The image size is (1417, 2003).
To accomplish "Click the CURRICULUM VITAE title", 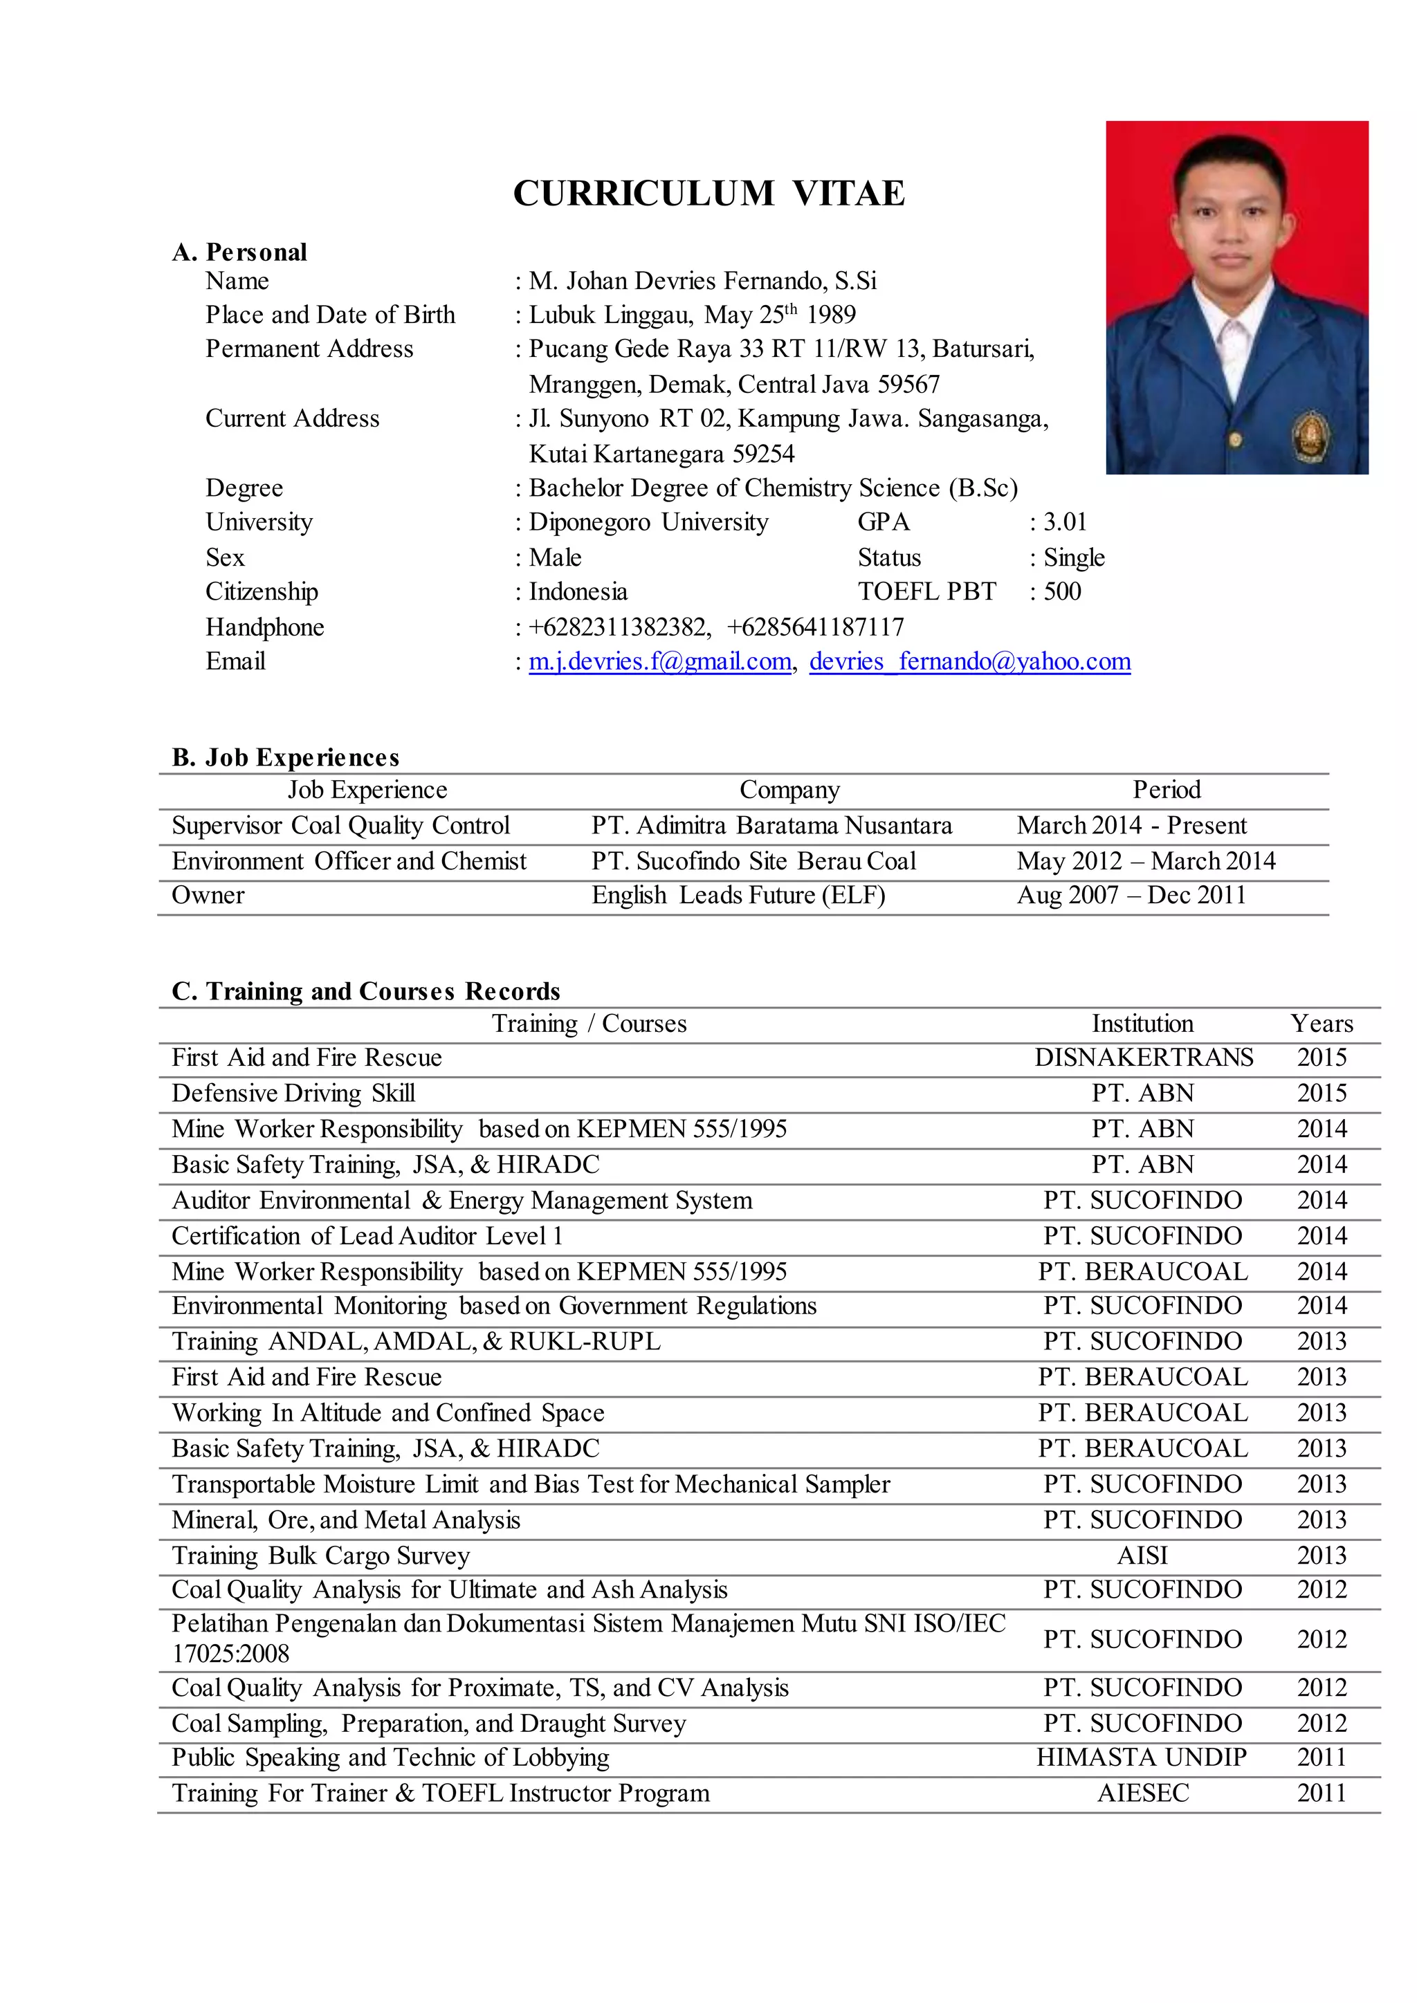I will (708, 193).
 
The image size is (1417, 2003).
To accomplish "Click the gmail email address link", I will (659, 661).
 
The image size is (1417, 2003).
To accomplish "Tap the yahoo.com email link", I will (969, 661).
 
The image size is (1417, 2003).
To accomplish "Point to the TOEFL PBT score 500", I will (1062, 591).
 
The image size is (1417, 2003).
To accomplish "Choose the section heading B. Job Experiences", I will (285, 757).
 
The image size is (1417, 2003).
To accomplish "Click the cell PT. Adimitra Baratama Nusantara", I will (771, 825).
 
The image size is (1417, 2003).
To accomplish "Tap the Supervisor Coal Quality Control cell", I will (340, 825).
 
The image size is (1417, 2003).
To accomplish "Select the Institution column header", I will (1142, 1024).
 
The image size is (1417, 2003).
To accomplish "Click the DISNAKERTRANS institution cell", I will (1143, 1058).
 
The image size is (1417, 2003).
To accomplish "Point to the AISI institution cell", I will (1142, 1556).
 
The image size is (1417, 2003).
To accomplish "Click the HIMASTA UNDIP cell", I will (1141, 1757).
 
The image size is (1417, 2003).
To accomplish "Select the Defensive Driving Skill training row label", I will (293, 1093).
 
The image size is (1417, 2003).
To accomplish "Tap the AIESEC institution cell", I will (1143, 1793).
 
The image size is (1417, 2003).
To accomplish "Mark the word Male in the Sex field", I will (555, 557).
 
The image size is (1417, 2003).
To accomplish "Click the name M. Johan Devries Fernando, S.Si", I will (702, 281).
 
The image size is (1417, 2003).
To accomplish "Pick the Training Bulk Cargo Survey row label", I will (320, 1556).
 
